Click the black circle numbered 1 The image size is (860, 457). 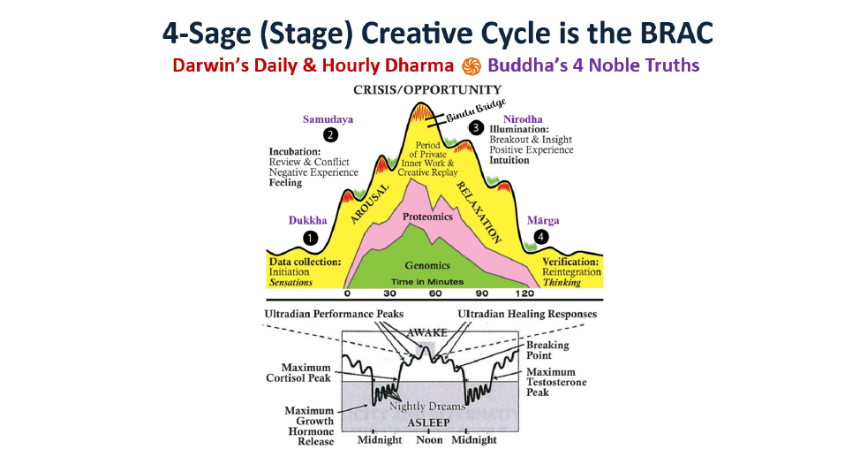point(311,238)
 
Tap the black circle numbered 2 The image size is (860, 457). point(330,135)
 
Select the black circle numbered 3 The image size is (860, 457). point(476,128)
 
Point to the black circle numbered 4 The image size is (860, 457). point(541,237)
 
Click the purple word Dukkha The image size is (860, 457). point(307,220)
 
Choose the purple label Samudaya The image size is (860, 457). point(328,119)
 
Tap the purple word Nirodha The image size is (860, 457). point(523,119)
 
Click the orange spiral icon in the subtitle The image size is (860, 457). point(471,66)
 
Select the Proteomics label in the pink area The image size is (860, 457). point(428,217)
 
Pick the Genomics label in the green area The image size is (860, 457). point(427,265)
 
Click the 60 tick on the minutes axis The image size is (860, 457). point(435,293)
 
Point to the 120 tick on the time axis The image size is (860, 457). point(524,293)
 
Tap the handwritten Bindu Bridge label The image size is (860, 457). point(476,110)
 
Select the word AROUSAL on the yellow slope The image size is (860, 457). point(369,204)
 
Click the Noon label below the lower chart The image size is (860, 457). point(429,440)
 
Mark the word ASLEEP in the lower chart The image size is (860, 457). point(428,423)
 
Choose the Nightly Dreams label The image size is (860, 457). point(427,406)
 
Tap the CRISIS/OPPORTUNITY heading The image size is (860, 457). point(427,89)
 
